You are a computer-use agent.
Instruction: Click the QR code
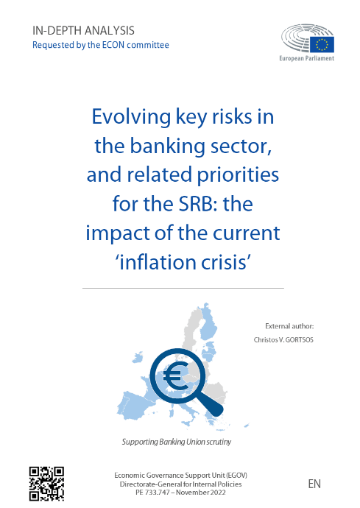coord(46,484)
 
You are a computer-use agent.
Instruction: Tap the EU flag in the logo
coord(322,44)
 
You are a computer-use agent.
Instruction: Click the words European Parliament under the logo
coord(306,58)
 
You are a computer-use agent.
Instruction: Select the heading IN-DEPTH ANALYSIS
coord(83,30)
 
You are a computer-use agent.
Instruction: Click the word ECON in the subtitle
coord(113,45)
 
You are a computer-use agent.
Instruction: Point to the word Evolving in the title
coord(131,117)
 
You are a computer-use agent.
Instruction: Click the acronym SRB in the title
coord(194,204)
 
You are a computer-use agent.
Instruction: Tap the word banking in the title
coord(168,147)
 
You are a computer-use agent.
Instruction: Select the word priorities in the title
coord(238,175)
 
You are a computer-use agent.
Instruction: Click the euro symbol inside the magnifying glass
coord(176,375)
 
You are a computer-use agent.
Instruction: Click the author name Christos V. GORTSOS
coord(283,340)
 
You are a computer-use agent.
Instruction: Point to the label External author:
coord(289,326)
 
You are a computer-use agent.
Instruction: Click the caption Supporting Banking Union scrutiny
coord(177,442)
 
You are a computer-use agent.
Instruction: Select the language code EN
coord(314,484)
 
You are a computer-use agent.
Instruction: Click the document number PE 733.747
coord(152,493)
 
